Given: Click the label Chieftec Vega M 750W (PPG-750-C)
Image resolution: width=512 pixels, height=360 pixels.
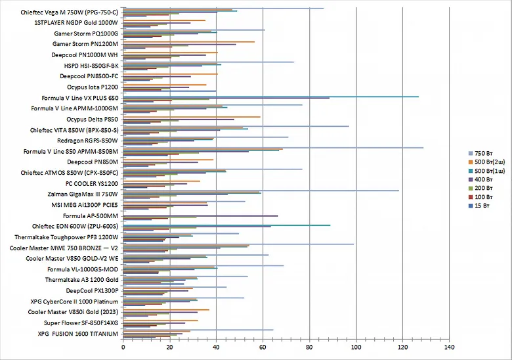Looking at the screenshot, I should pos(68,12).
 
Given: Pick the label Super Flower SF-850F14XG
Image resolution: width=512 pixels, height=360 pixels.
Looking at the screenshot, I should pos(81,323).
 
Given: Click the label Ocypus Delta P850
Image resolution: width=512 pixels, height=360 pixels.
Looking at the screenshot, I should pos(93,119).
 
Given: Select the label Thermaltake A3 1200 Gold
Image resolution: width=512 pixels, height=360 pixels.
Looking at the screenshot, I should pos(82,280).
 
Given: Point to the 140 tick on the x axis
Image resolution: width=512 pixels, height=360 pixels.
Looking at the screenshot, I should pos(449,346).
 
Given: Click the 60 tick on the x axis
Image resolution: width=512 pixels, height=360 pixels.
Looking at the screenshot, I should pos(263,346).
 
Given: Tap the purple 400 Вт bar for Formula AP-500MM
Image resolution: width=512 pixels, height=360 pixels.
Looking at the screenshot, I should pos(200,215).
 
